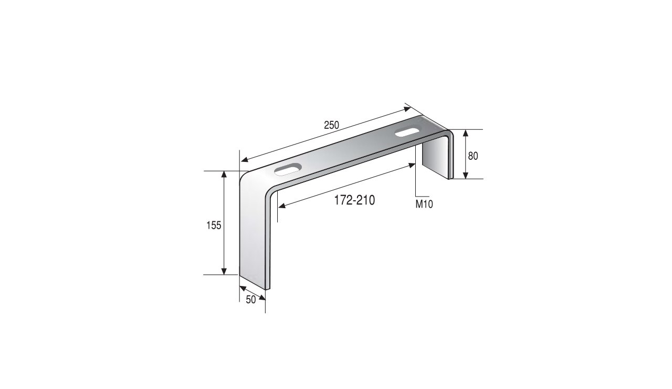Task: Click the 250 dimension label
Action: tap(331, 125)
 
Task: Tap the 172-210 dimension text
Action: tap(354, 200)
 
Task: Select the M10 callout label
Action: tap(424, 204)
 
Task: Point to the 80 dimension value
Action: tap(473, 156)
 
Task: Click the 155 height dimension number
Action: tap(214, 226)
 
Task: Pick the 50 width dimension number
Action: tap(251, 300)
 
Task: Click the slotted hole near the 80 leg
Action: tap(407, 132)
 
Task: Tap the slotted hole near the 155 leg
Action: tap(288, 169)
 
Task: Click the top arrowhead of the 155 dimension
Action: tap(224, 174)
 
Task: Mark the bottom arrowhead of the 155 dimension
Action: tap(224, 271)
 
